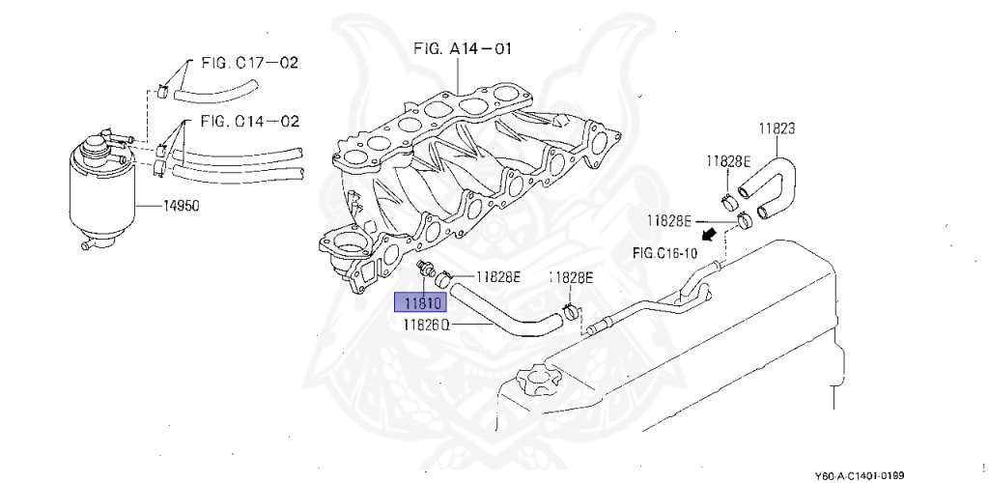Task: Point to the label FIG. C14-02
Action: click(x=249, y=122)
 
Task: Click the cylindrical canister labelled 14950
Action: click(x=97, y=193)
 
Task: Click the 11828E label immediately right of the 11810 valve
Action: click(x=496, y=276)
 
